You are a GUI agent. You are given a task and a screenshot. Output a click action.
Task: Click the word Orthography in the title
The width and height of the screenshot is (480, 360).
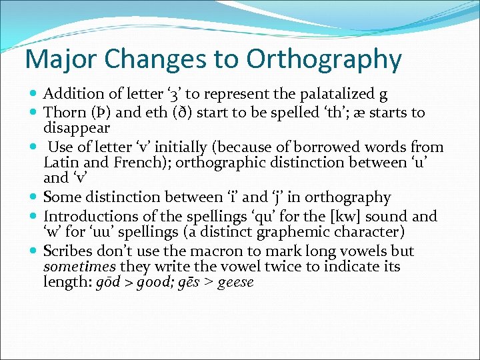click(x=324, y=59)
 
